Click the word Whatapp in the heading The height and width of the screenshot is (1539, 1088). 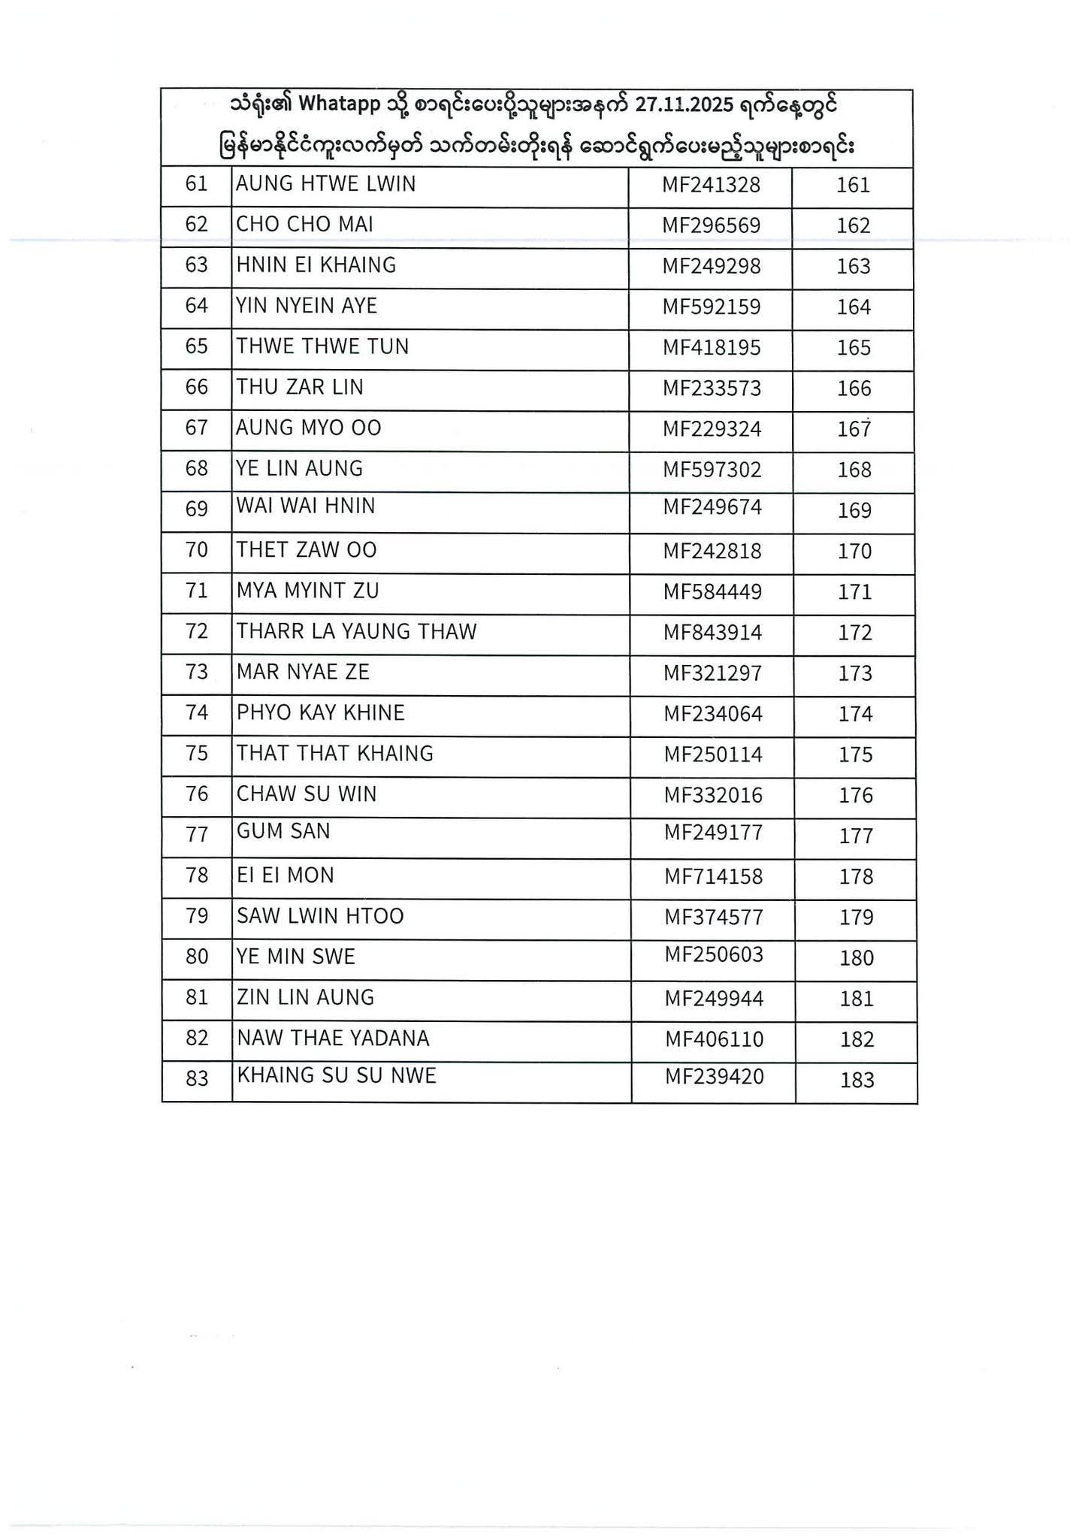[x=340, y=105]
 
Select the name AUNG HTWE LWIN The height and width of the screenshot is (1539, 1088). [x=325, y=184]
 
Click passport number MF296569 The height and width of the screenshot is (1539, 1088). [x=711, y=225]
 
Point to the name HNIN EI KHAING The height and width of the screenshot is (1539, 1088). [x=316, y=265]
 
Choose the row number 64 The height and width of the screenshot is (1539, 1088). [x=196, y=307]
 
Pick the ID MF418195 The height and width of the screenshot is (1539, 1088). [x=712, y=348]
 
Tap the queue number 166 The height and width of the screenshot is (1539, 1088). [x=854, y=389]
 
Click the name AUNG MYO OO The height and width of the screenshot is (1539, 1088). [x=309, y=428]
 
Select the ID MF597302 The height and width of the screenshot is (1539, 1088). [x=712, y=470]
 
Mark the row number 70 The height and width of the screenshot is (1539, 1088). [x=197, y=551]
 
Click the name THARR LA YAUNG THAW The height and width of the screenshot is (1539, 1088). [x=356, y=632]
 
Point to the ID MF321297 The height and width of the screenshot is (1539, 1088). [x=712, y=673]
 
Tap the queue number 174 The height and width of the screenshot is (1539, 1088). [x=855, y=714]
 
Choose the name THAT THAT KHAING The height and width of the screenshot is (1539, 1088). [x=335, y=754]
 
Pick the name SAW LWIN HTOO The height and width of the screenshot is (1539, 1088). [x=320, y=917]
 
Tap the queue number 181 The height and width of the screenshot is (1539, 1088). [x=857, y=999]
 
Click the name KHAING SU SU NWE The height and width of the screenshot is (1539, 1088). [x=337, y=1076]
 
